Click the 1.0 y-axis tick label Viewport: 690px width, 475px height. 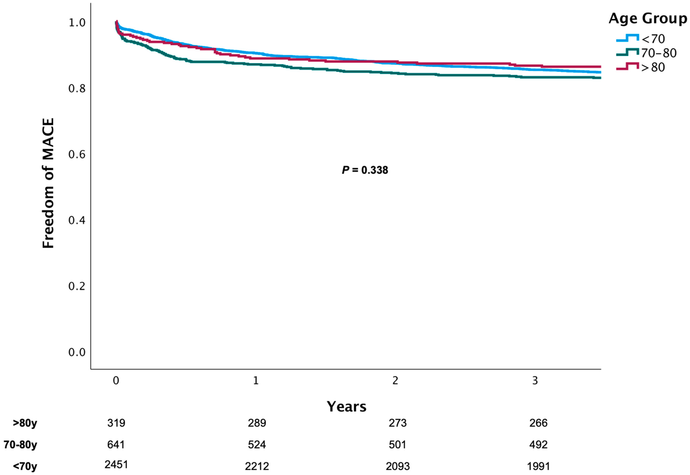77,23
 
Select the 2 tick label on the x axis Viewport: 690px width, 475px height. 395,381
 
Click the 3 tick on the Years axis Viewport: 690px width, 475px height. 535,381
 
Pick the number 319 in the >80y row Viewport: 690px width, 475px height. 116,423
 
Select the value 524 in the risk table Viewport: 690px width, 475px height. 257,445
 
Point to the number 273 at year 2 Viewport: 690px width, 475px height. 398,423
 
